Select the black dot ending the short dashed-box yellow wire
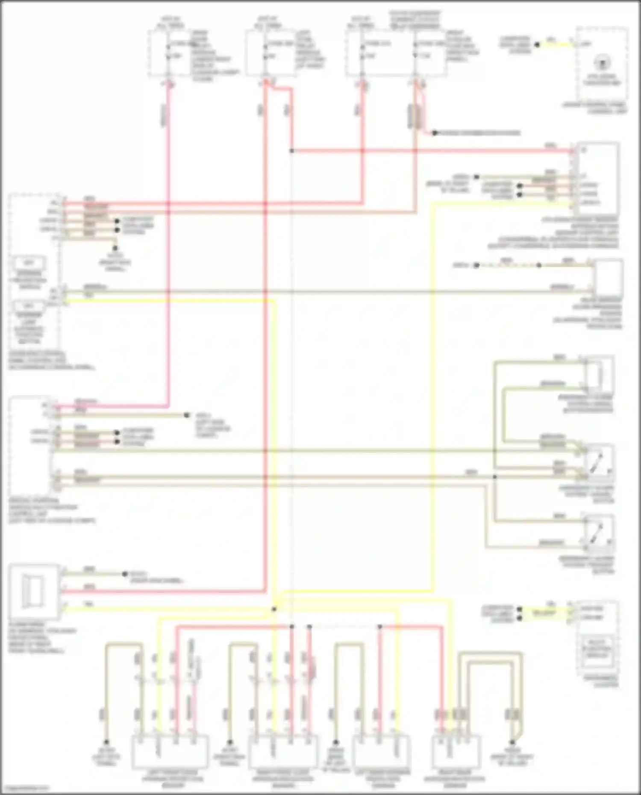(537, 44)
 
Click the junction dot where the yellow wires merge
(274, 609)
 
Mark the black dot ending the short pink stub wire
(434, 133)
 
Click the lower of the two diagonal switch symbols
(600, 531)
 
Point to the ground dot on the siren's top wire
(125, 574)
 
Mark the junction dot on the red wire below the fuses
(291, 151)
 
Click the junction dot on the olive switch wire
(495, 476)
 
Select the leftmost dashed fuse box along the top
(169, 53)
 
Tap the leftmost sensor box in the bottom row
(170, 751)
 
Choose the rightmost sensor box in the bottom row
(456, 751)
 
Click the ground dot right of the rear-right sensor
(512, 742)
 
